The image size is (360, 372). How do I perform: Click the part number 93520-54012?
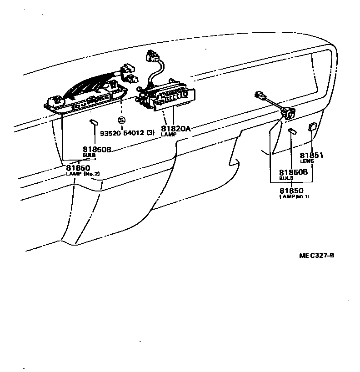tap(122, 133)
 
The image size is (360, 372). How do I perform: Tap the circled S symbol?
tap(121, 120)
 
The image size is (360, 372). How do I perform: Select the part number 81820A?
tap(175, 129)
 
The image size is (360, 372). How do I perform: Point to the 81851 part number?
tap(311, 155)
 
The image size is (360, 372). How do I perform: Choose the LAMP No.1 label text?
tap(294, 196)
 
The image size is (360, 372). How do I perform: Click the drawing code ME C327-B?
tap(316, 255)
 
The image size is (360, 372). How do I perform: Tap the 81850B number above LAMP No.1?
tap(294, 172)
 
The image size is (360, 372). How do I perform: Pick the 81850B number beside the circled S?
tap(97, 149)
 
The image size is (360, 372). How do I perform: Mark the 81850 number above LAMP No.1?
tap(291, 191)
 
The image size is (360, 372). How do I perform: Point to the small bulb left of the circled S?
tap(95, 122)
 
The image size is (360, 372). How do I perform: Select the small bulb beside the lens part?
tap(292, 132)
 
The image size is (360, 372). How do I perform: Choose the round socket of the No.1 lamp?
tap(287, 112)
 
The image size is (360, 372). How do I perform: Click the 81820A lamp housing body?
tap(173, 98)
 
